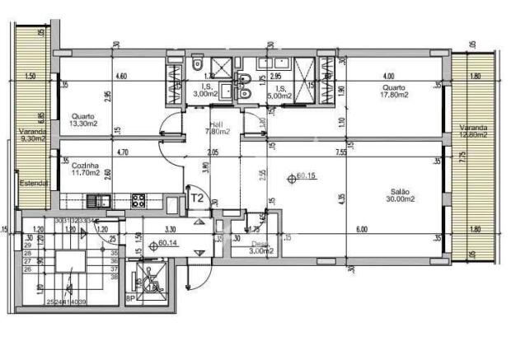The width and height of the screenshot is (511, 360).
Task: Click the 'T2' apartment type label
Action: pos(197,198)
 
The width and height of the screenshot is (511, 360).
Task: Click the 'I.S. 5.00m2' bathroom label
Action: pos(280,90)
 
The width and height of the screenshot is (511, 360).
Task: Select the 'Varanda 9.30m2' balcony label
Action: pos(33,135)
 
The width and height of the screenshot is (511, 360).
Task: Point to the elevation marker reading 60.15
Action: pos(302,176)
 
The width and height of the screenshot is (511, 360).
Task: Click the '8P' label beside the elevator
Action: pos(130,300)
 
